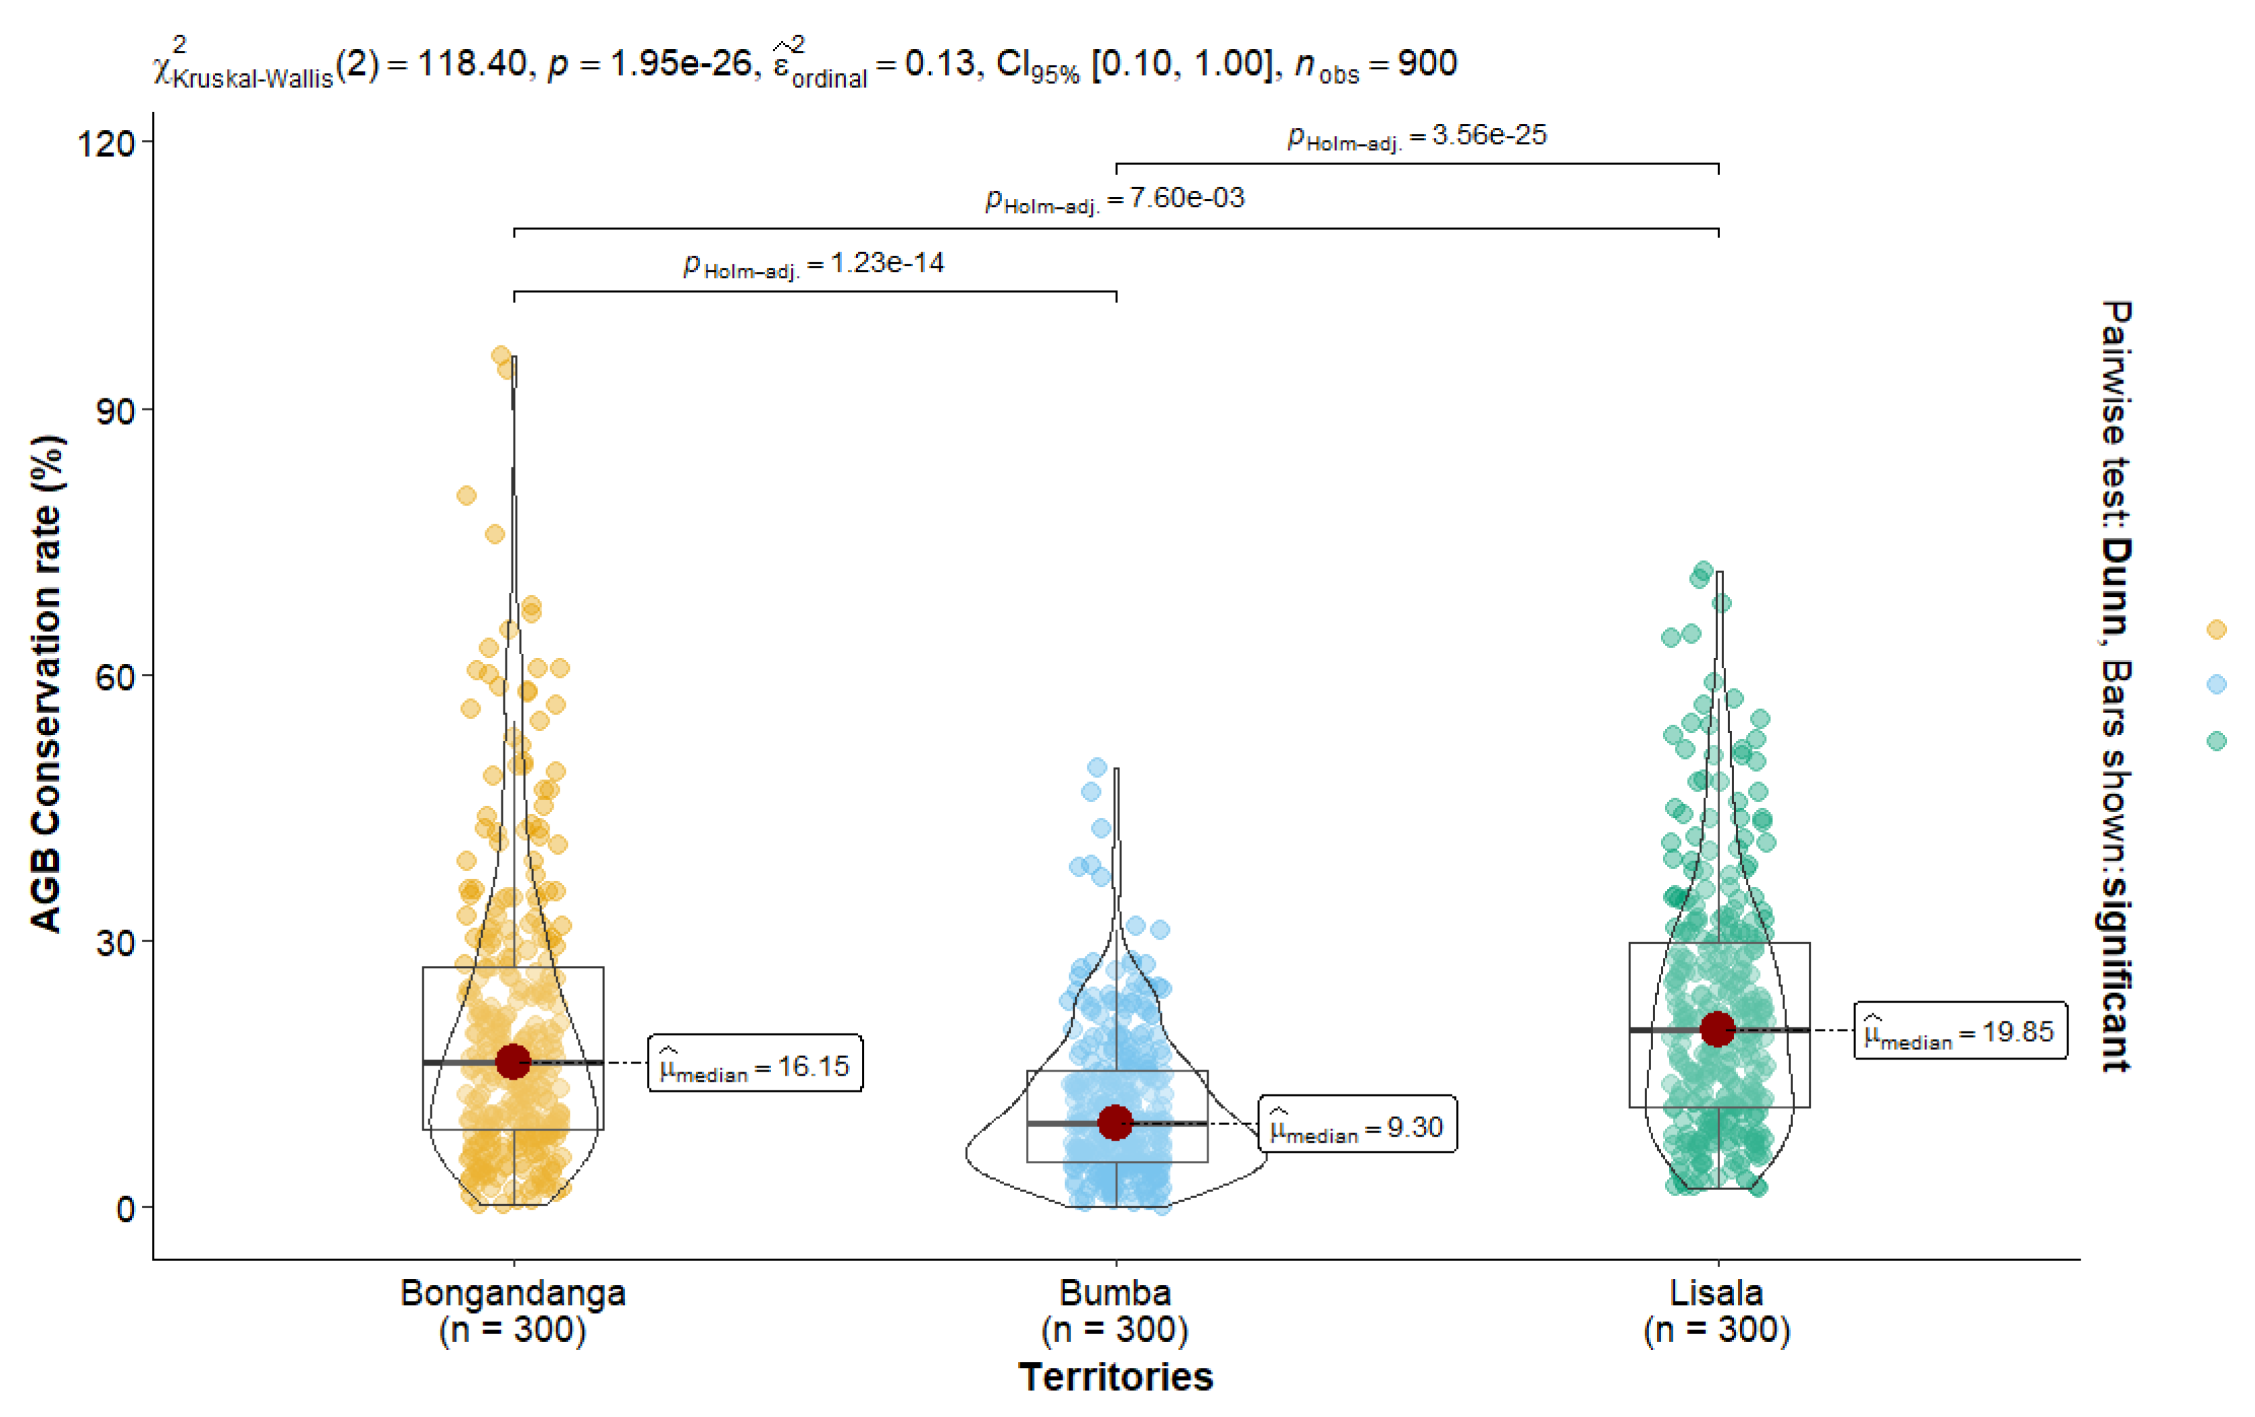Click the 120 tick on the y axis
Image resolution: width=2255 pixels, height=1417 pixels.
click(x=106, y=144)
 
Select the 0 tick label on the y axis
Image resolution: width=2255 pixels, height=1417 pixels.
click(x=125, y=1209)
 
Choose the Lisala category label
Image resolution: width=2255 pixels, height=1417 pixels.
click(x=1717, y=1292)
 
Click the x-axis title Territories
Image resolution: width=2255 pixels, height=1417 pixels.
click(x=1115, y=1377)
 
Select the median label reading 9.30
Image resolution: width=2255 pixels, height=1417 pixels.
click(x=1357, y=1124)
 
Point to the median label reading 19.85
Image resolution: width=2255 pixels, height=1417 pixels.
click(x=1959, y=1030)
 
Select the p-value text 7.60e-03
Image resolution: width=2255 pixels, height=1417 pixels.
click(x=1186, y=198)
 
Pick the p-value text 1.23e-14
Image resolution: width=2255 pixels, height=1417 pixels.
click(x=887, y=262)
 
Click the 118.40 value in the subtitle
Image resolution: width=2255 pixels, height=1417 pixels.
click(x=472, y=64)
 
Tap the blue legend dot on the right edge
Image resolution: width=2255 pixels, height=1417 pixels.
click(x=2215, y=683)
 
